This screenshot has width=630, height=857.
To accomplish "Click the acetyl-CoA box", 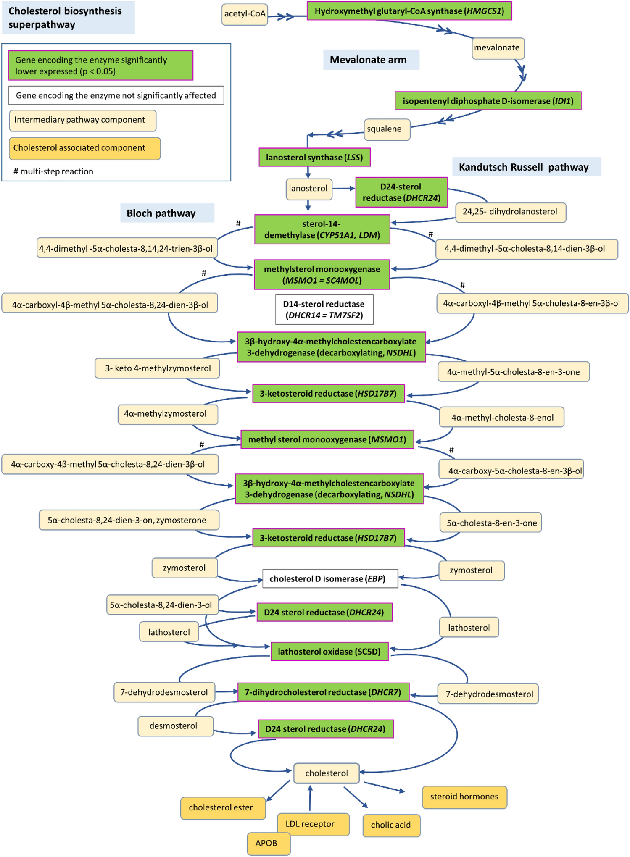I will (245, 14).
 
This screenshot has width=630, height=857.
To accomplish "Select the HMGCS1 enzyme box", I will (409, 11).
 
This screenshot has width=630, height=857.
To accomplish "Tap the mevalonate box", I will (498, 48).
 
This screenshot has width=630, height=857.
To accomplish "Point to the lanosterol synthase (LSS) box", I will (314, 158).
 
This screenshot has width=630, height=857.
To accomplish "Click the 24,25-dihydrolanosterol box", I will (510, 212).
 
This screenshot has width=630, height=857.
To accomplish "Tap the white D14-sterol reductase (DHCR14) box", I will (324, 310).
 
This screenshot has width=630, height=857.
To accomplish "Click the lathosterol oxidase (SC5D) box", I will (329, 652).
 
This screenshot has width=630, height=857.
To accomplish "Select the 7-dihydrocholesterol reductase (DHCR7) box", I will (323, 692).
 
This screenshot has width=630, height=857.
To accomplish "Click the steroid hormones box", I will (464, 797).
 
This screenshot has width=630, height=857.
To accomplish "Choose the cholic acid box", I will (391, 825).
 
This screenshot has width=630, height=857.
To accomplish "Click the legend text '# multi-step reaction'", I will (53, 171).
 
